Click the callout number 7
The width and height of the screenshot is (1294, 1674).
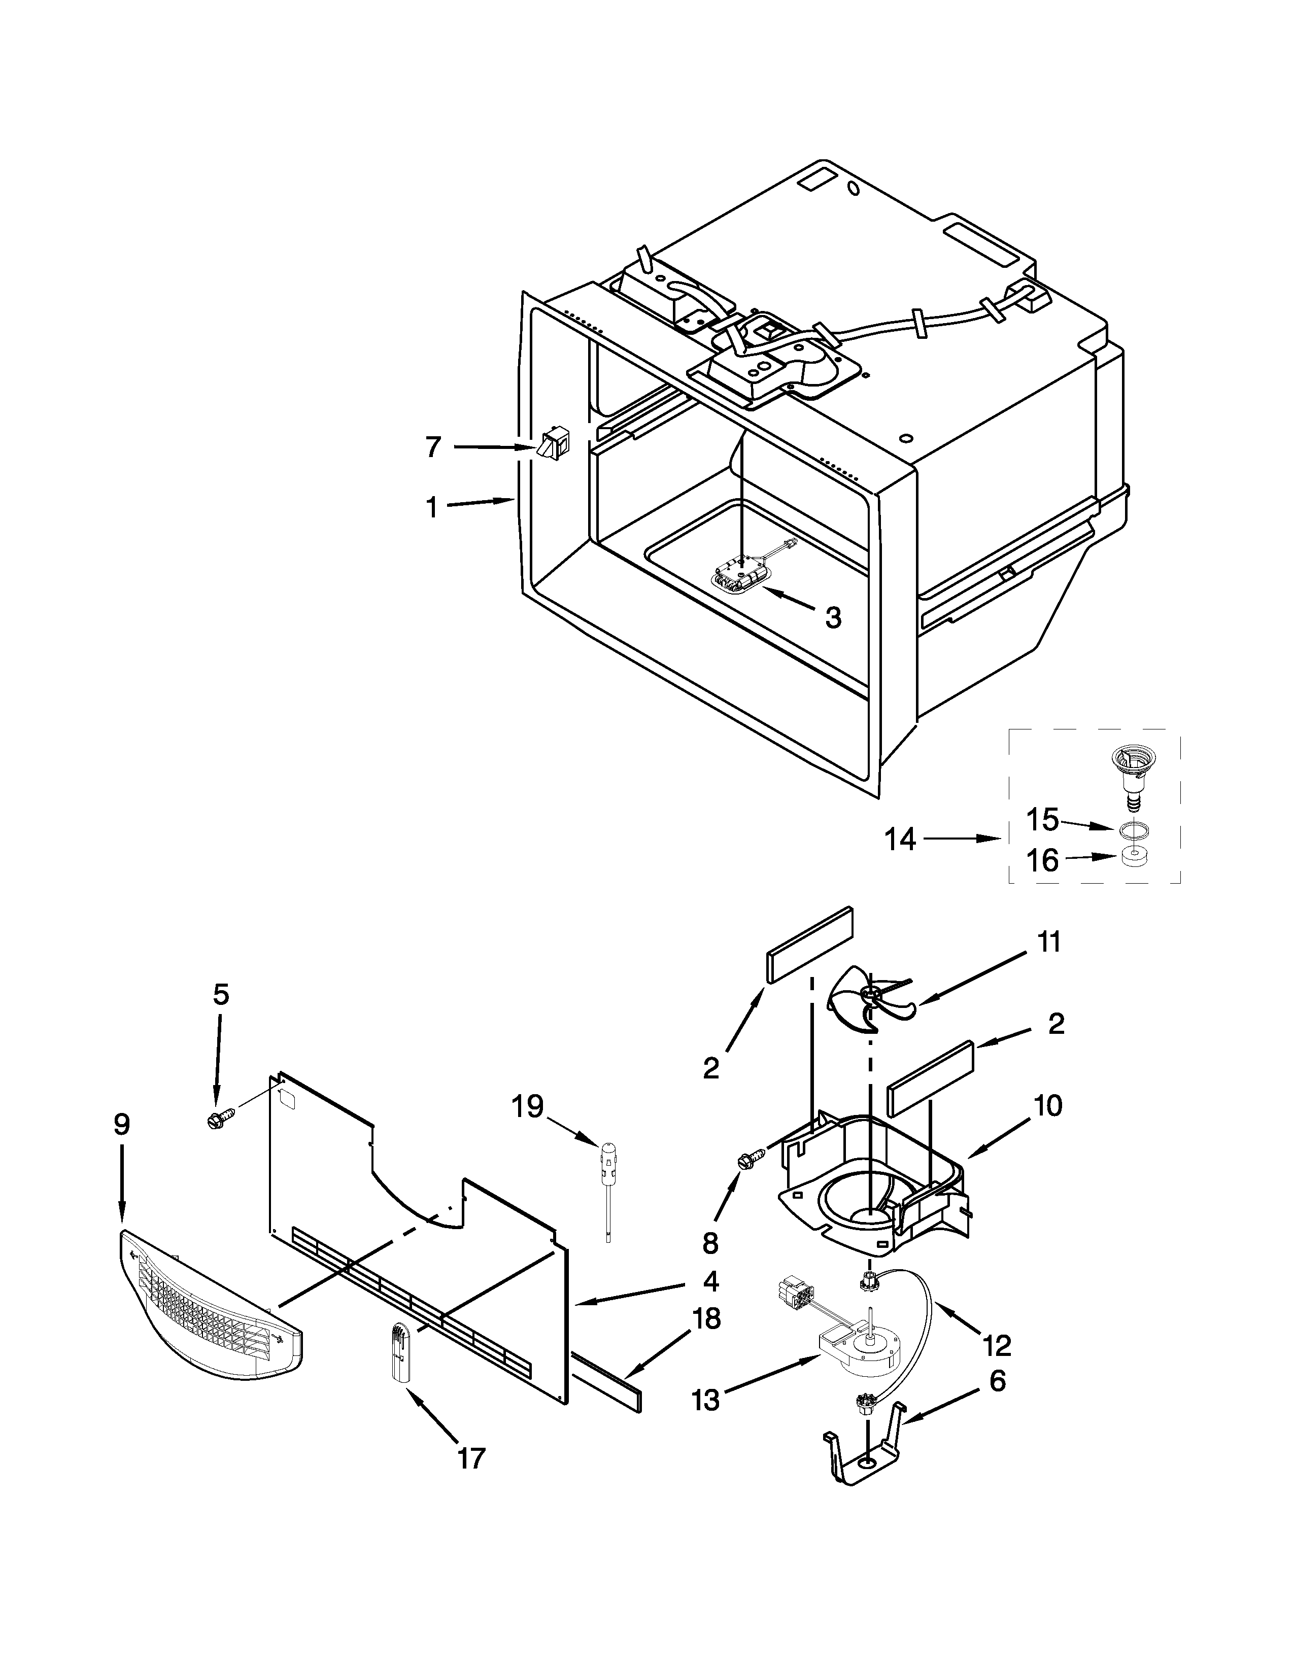(433, 447)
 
